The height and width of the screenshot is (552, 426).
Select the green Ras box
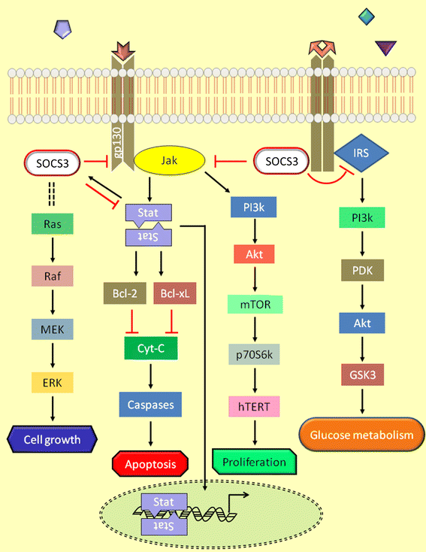click(52, 223)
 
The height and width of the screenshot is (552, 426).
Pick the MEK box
click(52, 329)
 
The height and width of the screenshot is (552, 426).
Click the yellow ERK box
click(52, 382)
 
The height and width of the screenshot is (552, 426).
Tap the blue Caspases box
click(149, 405)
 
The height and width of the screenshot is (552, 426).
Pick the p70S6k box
click(254, 356)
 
